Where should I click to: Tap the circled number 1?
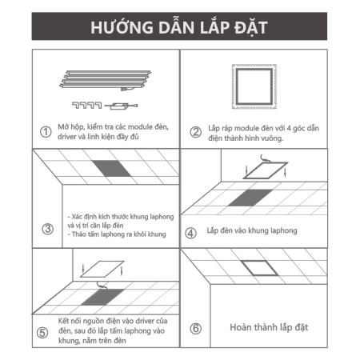coord(46,131)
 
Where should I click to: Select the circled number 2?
coord(195,132)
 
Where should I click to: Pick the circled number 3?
coord(46,230)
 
